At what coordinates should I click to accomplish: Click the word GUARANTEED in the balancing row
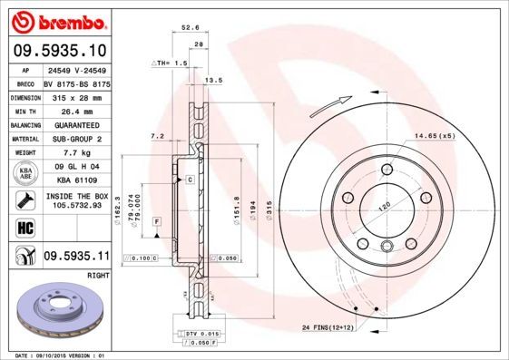click(73, 124)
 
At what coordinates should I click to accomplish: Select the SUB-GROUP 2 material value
click(73, 138)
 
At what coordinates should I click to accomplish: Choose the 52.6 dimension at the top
click(190, 27)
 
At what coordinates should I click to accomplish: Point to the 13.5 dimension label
click(214, 81)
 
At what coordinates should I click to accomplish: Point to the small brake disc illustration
click(56, 313)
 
